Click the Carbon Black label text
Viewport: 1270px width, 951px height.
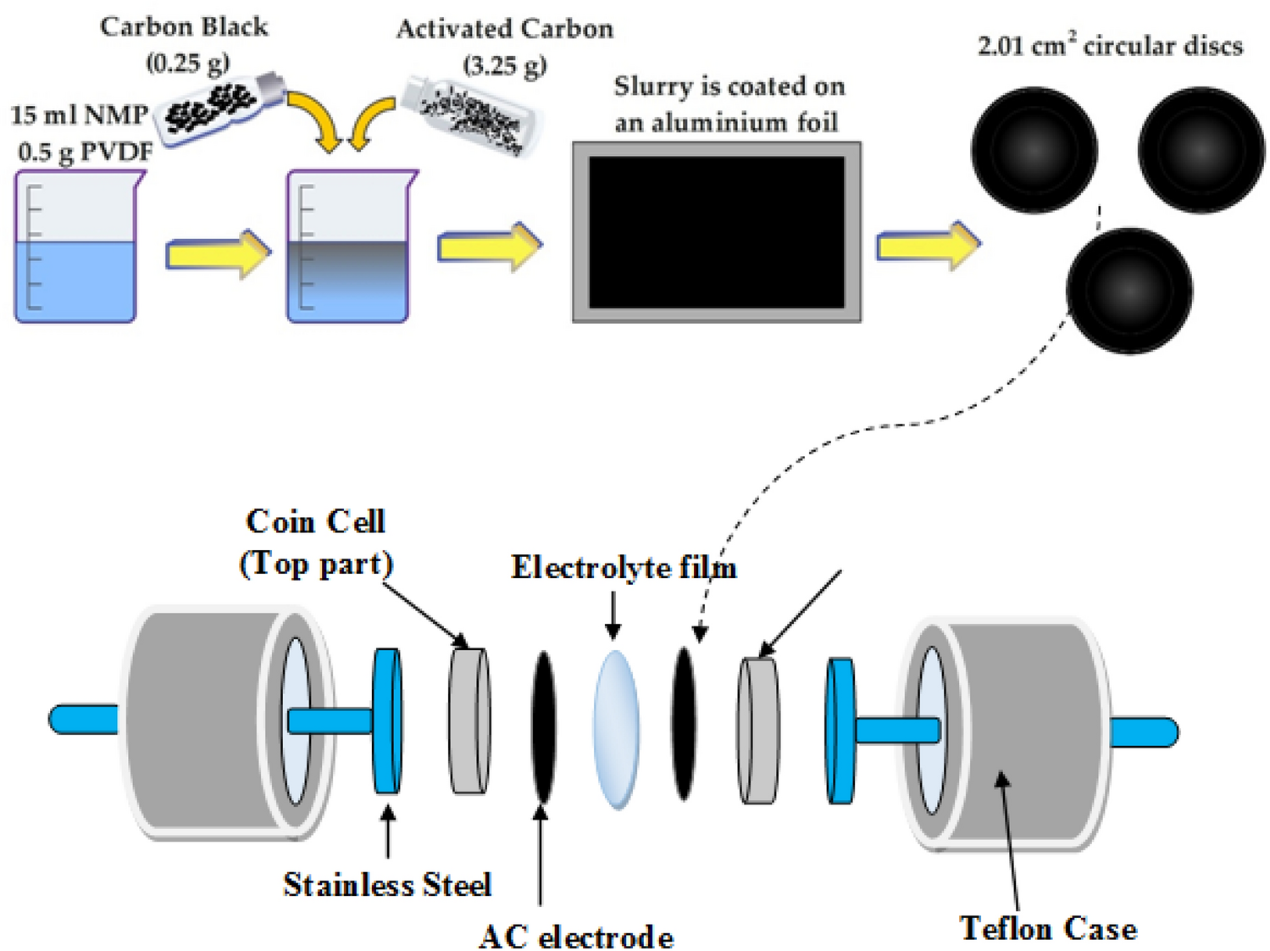[184, 27]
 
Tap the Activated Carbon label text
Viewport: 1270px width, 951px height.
[505, 29]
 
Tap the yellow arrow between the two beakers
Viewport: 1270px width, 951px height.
[218, 253]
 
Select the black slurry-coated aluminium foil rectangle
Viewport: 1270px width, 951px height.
[717, 232]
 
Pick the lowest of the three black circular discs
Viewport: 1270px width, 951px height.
[1129, 290]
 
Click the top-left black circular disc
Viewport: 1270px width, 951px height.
[1034, 150]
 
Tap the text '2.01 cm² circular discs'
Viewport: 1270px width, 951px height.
[1110, 46]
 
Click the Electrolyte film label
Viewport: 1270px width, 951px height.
[624, 567]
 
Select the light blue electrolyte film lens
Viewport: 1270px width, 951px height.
[616, 729]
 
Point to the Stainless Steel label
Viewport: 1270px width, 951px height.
[387, 884]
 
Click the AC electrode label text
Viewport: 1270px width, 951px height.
[576, 936]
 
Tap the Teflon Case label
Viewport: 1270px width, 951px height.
[1048, 928]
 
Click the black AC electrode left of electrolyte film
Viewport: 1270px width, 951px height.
[543, 726]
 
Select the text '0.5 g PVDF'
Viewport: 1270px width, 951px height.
[85, 152]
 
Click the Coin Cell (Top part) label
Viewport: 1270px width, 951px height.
[316, 542]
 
